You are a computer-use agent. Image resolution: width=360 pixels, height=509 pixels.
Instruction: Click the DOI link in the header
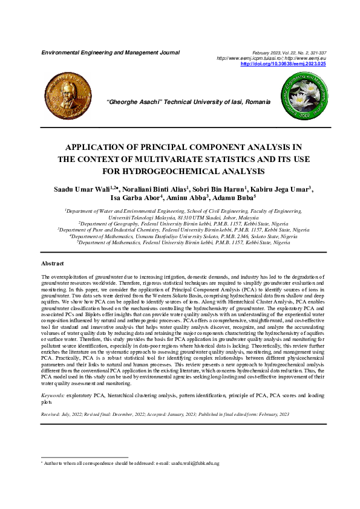pos(283,63)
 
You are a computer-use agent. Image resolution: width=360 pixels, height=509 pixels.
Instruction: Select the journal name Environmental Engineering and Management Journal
pos(110,53)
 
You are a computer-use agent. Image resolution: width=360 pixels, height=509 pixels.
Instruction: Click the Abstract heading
pos(52,264)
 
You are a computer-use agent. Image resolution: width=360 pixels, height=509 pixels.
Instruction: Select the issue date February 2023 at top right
pos(266,53)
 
